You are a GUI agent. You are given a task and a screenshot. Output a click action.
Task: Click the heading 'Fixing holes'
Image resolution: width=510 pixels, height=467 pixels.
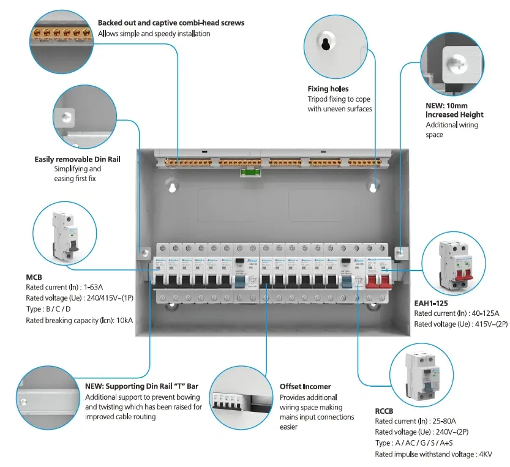[328, 89]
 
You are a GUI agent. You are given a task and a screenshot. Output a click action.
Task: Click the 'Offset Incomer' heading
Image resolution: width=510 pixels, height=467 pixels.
[306, 386]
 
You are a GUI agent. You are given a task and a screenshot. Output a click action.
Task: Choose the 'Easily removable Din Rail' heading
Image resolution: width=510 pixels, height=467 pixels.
[77, 159]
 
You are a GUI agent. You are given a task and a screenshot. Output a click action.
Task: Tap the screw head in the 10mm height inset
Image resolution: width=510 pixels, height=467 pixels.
[457, 62]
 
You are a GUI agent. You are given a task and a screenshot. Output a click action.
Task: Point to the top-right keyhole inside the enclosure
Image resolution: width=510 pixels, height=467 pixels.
[373, 187]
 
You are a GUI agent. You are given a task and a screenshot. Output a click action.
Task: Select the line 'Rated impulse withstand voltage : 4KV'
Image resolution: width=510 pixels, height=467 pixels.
[433, 454]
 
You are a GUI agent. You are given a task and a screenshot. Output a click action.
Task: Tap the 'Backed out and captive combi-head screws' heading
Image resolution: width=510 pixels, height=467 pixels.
[171, 23]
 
